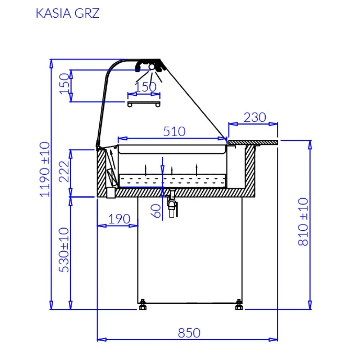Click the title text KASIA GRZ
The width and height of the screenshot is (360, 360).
68,13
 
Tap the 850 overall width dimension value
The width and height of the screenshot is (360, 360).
189,333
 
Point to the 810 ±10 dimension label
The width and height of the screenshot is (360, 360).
303,222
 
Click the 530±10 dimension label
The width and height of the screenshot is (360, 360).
64,250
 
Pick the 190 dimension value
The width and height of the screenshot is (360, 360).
118,219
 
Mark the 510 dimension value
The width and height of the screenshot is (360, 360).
174,132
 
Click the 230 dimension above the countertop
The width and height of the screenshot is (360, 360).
255,118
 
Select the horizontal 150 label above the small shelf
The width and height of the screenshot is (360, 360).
145,87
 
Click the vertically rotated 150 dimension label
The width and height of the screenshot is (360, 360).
64,84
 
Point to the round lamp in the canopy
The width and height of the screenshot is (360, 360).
152,67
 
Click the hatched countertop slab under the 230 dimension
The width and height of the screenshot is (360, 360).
253,143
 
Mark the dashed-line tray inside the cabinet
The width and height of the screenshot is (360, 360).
172,180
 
